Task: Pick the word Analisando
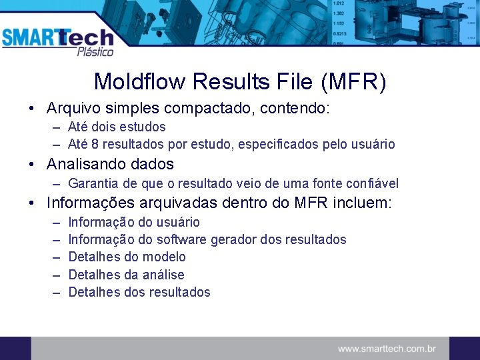pyautogui.click(x=85, y=164)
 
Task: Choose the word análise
pyautogui.click(x=163, y=275)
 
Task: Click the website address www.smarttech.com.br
pyautogui.click(x=387, y=348)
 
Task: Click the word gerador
pyautogui.click(x=233, y=239)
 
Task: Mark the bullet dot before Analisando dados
pyautogui.click(x=31, y=165)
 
